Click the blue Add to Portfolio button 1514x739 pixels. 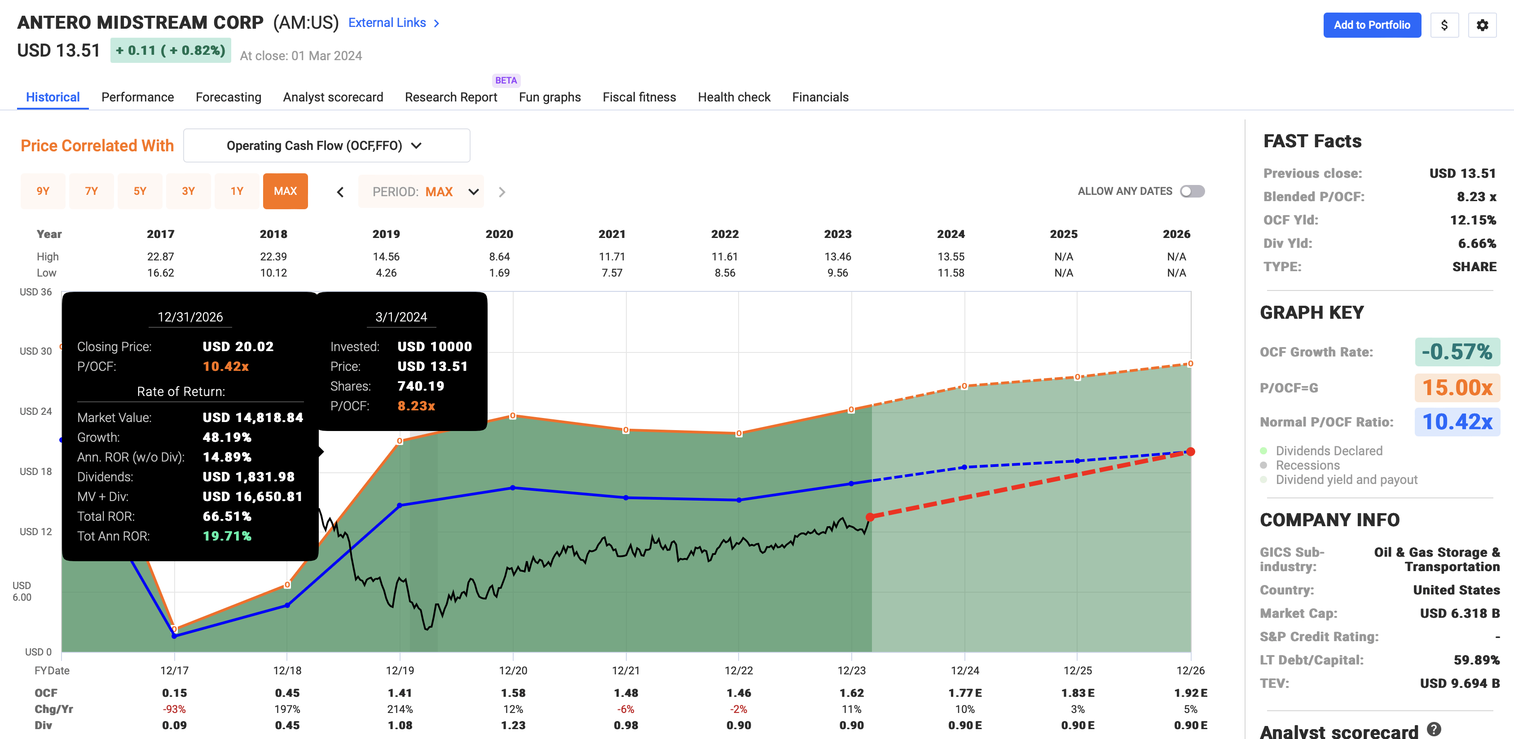click(x=1371, y=25)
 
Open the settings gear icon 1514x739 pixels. click(x=1482, y=25)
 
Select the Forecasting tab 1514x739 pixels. click(x=228, y=97)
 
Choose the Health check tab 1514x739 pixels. click(x=734, y=97)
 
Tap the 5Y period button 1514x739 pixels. click(x=140, y=191)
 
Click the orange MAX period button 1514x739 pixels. click(x=285, y=191)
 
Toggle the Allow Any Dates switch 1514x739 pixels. click(x=1192, y=191)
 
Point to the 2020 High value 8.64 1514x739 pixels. click(x=499, y=256)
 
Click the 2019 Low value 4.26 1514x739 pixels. click(x=386, y=273)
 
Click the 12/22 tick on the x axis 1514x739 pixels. click(x=738, y=670)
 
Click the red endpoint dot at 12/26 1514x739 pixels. click(x=1190, y=452)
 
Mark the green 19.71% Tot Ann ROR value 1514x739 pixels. click(x=227, y=536)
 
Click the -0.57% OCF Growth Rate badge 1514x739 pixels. click(x=1457, y=352)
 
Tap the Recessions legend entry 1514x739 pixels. click(x=1307, y=465)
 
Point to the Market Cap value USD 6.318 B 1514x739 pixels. click(x=1459, y=613)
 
